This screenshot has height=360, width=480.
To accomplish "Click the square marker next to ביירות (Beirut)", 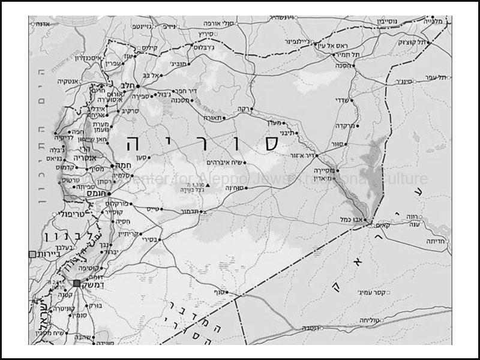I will point(32,254).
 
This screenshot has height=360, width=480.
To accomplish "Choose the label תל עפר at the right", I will point(433,76).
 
